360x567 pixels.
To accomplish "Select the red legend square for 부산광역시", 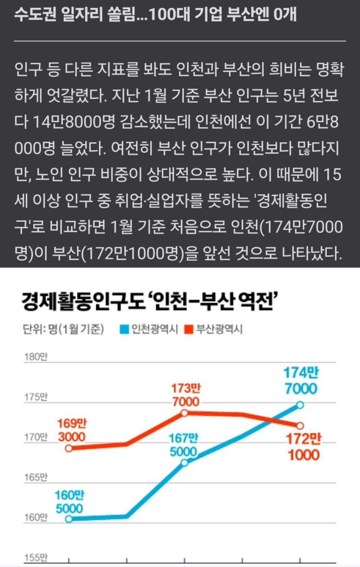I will (x=189, y=330).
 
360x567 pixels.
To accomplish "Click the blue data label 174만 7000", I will (x=301, y=381).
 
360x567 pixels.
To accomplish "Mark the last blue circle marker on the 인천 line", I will (x=300, y=405).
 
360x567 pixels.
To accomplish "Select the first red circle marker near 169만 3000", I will (x=69, y=448).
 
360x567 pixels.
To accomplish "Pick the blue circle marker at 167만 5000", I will (x=185, y=463).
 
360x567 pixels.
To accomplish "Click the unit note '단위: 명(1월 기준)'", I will (x=63, y=330).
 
